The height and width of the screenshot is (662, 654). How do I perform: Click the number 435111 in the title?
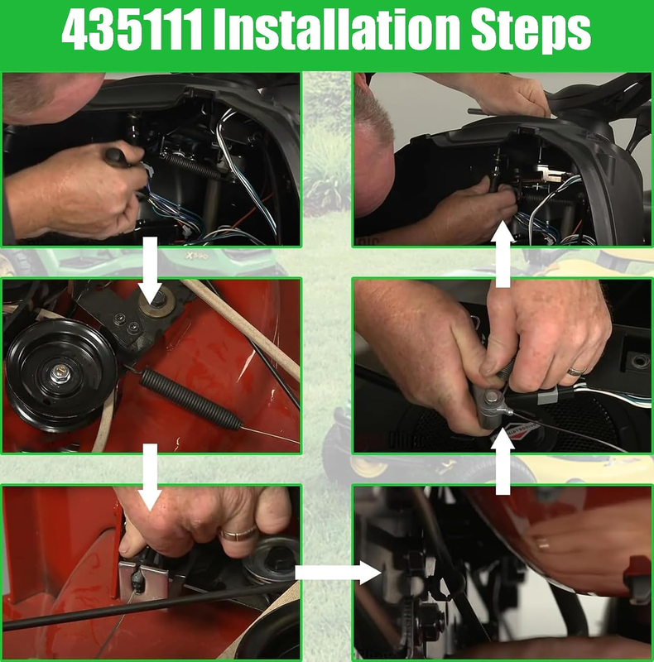[132, 30]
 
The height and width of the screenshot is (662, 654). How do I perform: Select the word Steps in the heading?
[531, 31]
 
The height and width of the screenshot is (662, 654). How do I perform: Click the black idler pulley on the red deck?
[60, 374]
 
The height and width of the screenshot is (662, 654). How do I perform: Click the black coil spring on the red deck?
[190, 399]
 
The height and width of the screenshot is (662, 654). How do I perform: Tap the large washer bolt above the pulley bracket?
[158, 301]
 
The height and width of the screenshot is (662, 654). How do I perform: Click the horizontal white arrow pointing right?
[338, 573]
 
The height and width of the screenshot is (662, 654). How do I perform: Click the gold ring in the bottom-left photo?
[238, 534]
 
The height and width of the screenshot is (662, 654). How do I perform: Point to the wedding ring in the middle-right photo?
[576, 371]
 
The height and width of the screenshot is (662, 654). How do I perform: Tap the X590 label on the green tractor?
[195, 256]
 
